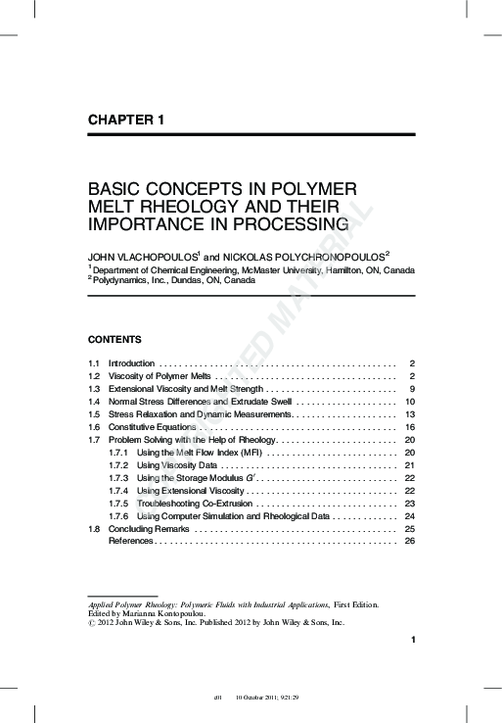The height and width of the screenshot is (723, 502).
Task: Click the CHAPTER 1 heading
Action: [x=125, y=120]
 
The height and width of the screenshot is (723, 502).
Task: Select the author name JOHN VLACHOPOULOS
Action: [x=143, y=255]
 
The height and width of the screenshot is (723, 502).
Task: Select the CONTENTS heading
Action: [x=114, y=340]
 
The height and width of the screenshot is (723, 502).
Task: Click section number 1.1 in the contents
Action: [x=95, y=363]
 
